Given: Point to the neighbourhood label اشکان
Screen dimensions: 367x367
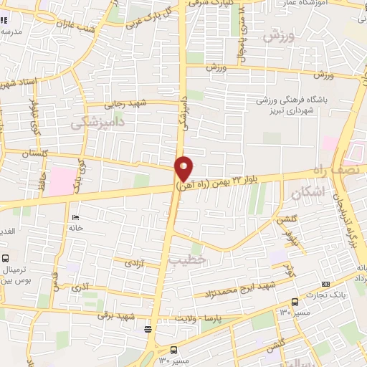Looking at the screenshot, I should click(x=309, y=192).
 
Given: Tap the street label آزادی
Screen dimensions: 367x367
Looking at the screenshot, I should click(x=136, y=264).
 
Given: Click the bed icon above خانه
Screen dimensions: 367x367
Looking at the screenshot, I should click(x=76, y=216).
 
